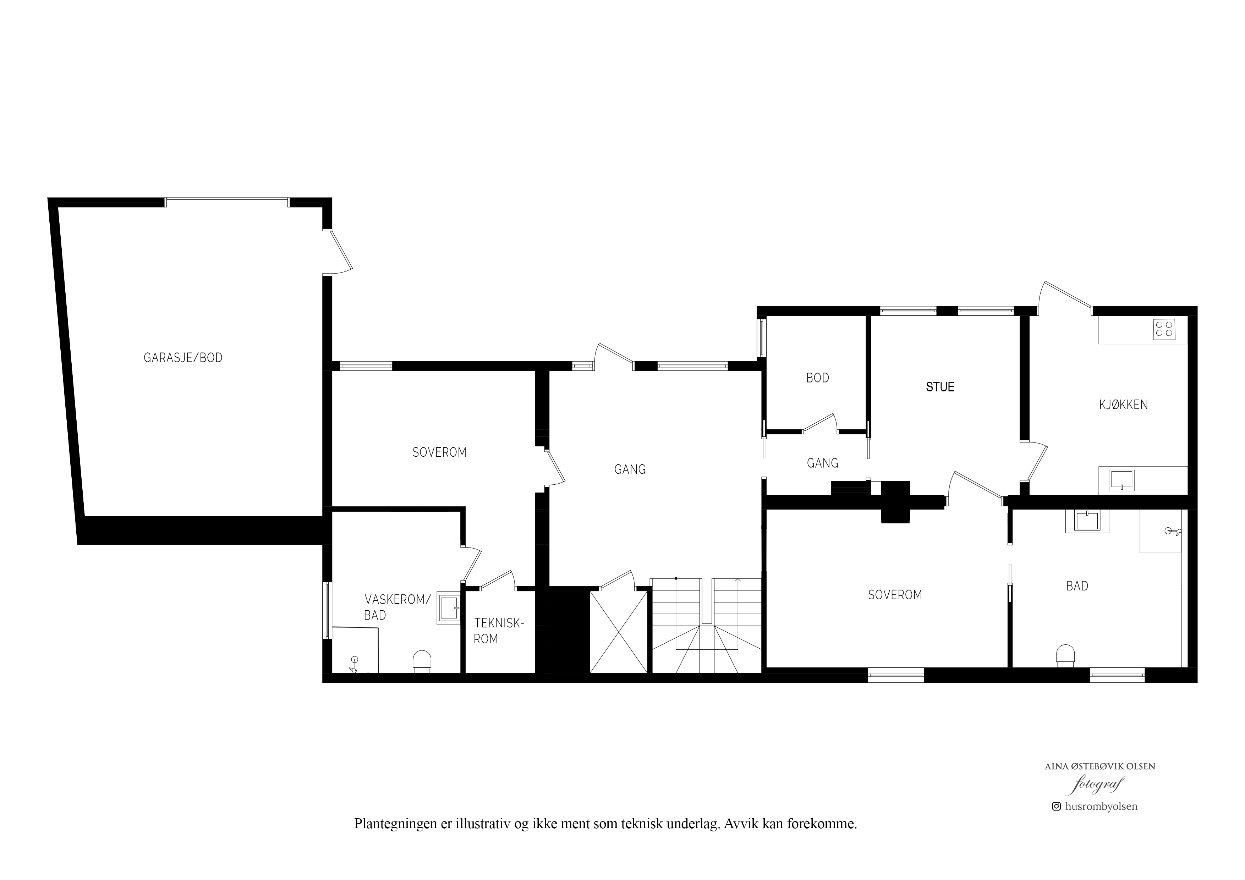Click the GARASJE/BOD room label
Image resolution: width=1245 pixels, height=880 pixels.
[x=183, y=358]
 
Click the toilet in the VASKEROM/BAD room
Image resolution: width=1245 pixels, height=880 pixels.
[x=422, y=661]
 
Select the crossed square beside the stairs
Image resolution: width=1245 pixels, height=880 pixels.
[x=619, y=632]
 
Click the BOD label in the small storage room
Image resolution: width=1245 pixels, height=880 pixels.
[x=818, y=378]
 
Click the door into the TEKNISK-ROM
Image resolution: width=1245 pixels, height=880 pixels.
[x=497, y=579]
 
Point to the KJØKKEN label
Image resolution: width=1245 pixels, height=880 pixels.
[x=1124, y=405]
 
